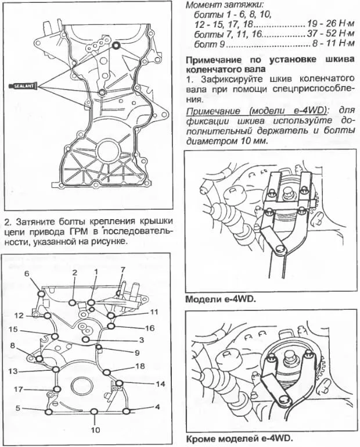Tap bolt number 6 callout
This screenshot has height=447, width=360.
26,273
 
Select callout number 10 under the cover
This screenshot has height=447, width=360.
94,430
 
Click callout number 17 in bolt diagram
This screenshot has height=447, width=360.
19,389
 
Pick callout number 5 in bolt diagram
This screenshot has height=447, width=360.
19,409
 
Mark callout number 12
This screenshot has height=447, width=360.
19,316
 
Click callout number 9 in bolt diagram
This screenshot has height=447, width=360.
138,352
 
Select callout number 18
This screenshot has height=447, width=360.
139,366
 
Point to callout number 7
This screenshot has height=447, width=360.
123,269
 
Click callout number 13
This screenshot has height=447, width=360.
19,370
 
